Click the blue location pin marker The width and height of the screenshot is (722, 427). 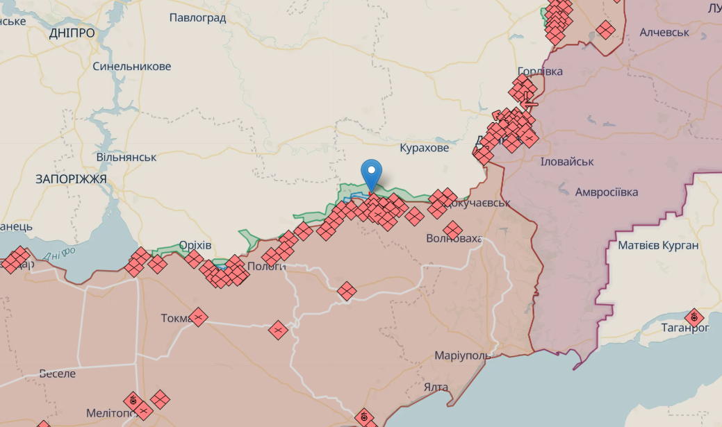pos(372,171)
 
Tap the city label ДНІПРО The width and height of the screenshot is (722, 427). pos(72,33)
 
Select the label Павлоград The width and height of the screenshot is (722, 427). pos(198,18)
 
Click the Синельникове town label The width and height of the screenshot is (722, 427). pos(132,67)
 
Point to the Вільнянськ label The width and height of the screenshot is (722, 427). pos(126,157)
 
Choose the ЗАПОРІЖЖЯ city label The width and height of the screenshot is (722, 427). pos(71,179)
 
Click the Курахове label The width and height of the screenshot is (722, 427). pos(425,148)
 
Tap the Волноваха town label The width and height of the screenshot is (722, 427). pos(455,240)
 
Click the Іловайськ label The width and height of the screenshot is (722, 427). pos(567,162)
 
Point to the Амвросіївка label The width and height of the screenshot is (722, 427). pos(607,192)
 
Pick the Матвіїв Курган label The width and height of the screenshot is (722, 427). pos(659,245)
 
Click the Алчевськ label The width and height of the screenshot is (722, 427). pos(664,33)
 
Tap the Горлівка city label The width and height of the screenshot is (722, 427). pos(540,72)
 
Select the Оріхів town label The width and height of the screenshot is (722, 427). pos(195,246)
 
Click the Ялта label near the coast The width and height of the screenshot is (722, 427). pos(435,387)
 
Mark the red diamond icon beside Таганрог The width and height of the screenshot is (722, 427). pos(694,319)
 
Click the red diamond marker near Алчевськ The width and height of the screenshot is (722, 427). pos(605,30)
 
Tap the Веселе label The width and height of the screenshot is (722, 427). pos(58,373)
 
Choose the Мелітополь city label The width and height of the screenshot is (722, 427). pos(110,413)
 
